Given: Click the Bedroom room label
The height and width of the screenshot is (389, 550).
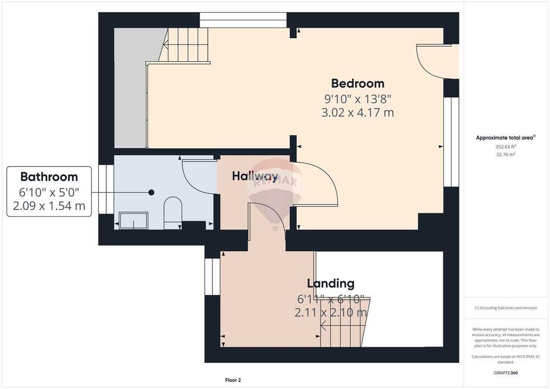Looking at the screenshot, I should (358, 83).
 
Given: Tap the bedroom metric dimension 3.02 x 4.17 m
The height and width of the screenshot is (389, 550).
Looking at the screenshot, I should (358, 113).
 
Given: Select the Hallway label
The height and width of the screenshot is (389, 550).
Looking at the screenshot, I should (255, 176).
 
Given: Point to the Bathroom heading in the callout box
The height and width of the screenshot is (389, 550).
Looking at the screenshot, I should (49, 177).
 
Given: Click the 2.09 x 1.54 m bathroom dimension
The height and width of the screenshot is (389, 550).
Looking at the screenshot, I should (49, 206).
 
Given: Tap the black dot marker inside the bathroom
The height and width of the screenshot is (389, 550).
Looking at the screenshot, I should (151, 192).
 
